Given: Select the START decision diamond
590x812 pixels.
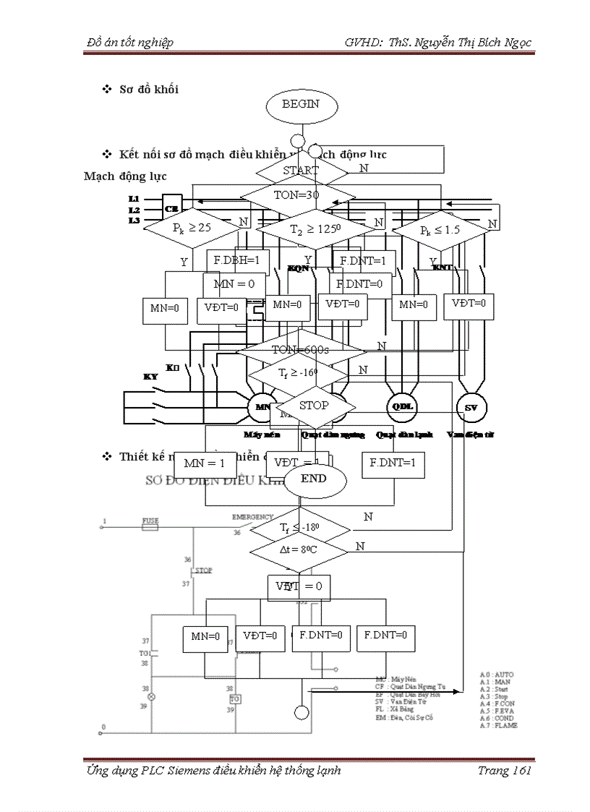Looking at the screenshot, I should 301,171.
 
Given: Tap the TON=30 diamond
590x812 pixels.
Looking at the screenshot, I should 299,195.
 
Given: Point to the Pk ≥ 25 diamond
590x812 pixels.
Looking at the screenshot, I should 192,228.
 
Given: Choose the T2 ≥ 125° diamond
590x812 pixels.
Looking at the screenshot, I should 314,228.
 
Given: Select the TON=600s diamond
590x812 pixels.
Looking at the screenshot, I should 301,350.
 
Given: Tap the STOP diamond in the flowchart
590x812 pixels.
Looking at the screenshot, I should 313,406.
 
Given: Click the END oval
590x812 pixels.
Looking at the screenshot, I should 314,479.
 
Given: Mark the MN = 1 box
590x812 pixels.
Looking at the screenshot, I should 205,463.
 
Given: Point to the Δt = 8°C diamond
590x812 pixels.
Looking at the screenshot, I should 299,548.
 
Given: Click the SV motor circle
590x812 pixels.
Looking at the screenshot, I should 471,407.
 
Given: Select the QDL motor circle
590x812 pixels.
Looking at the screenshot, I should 402,407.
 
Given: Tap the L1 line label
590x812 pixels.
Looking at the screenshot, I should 134,198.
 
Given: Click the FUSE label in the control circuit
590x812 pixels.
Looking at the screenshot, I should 150,521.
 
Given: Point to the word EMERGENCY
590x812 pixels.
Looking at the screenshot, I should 252,518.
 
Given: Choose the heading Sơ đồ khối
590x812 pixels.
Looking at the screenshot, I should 149,90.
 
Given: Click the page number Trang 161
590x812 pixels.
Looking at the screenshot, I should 504,771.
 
